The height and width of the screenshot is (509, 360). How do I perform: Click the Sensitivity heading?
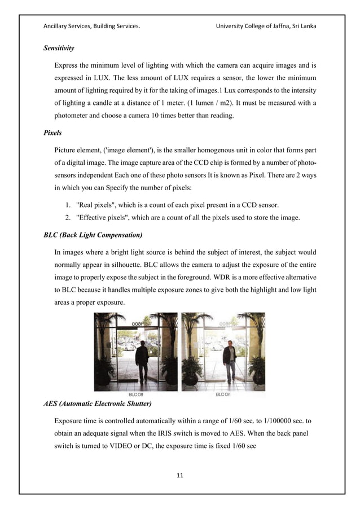[x=59, y=49]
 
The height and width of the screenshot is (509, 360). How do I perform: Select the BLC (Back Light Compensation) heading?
[x=93, y=234]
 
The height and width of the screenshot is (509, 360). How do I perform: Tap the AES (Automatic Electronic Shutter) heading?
[x=100, y=404]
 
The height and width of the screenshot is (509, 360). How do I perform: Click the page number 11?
[x=180, y=476]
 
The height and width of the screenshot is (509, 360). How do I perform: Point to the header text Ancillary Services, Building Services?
[x=91, y=26]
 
